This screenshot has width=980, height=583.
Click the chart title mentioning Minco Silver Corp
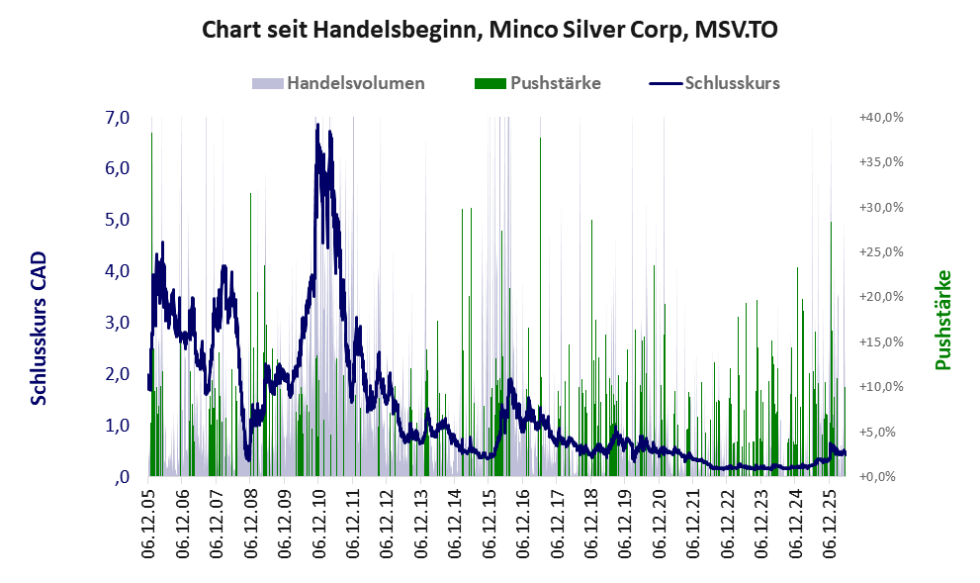click(490, 30)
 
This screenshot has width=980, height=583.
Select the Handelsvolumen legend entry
click(338, 83)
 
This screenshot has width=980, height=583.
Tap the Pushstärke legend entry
click(538, 83)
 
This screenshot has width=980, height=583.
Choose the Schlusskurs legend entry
click(714, 83)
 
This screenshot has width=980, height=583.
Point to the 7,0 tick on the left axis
click(118, 118)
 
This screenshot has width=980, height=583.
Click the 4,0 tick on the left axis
click(118, 271)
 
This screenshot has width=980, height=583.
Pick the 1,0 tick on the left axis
click(118, 426)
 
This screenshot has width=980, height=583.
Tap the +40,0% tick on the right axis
click(881, 118)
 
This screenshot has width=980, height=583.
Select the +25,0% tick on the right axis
click(881, 252)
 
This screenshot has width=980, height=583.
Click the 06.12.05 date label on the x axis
click(148, 521)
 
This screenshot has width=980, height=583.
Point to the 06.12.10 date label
click(318, 521)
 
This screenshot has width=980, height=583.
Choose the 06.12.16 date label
click(523, 521)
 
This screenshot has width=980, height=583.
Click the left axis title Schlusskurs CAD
click(39, 329)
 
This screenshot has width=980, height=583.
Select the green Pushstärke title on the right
click(943, 320)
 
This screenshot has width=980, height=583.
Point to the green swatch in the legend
click(490, 84)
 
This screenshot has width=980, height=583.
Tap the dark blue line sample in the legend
click(665, 84)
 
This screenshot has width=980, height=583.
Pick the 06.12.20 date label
click(660, 521)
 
